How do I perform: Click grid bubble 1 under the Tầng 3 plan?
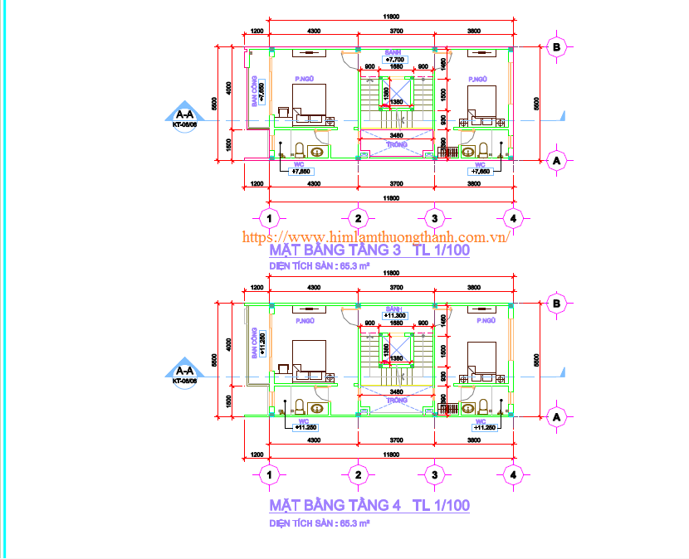point(268,218)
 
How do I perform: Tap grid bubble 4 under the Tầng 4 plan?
point(514,475)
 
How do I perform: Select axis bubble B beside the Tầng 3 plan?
point(557,47)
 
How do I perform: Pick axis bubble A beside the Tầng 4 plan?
point(557,416)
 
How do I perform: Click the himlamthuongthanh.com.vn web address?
point(375,236)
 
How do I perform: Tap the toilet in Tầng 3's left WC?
point(299,151)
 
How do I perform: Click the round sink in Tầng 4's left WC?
point(316,407)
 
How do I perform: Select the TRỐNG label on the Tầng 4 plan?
point(396,400)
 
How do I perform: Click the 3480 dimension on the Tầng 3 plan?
point(396,135)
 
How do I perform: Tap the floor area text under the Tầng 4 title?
point(319,523)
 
